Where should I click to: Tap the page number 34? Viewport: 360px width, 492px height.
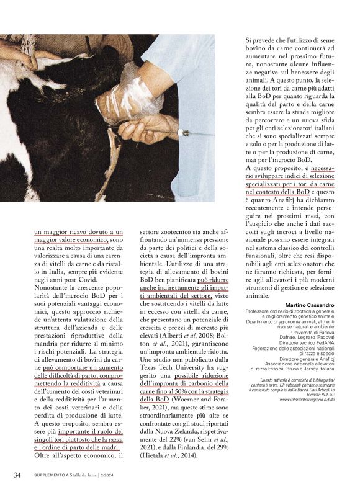(19, 475)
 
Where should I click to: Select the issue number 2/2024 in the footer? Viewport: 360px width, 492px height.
(110, 476)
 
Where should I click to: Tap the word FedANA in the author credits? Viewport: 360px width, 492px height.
(324, 342)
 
